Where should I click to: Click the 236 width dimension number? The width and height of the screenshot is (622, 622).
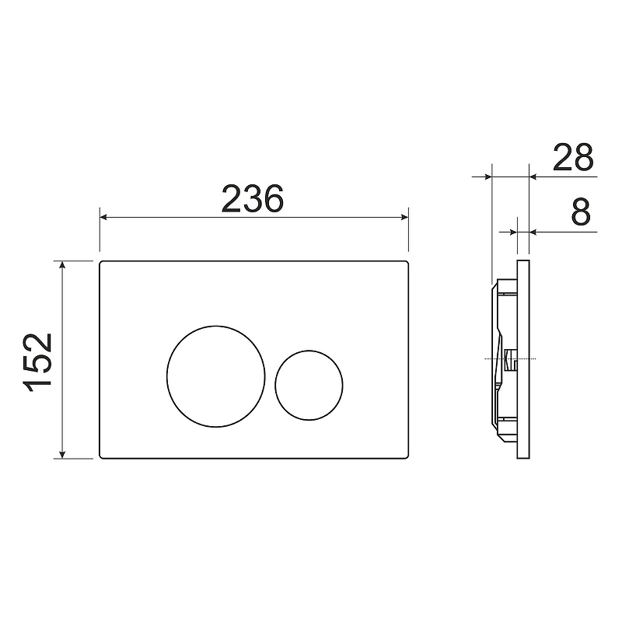pyautogui.click(x=252, y=198)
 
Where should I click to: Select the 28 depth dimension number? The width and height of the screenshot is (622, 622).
pyautogui.click(x=573, y=157)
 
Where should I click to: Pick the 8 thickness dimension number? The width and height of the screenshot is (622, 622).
pyautogui.click(x=581, y=211)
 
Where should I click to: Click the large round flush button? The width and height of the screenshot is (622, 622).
pyautogui.click(x=216, y=376)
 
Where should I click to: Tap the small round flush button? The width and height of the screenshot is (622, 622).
pyautogui.click(x=309, y=385)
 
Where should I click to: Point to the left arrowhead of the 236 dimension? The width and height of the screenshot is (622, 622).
pyautogui.click(x=103, y=217)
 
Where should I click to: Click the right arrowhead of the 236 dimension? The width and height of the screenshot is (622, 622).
pyautogui.click(x=404, y=217)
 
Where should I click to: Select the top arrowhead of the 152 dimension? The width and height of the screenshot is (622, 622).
pyautogui.click(x=62, y=264)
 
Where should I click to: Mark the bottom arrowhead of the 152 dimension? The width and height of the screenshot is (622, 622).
pyautogui.click(x=62, y=455)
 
